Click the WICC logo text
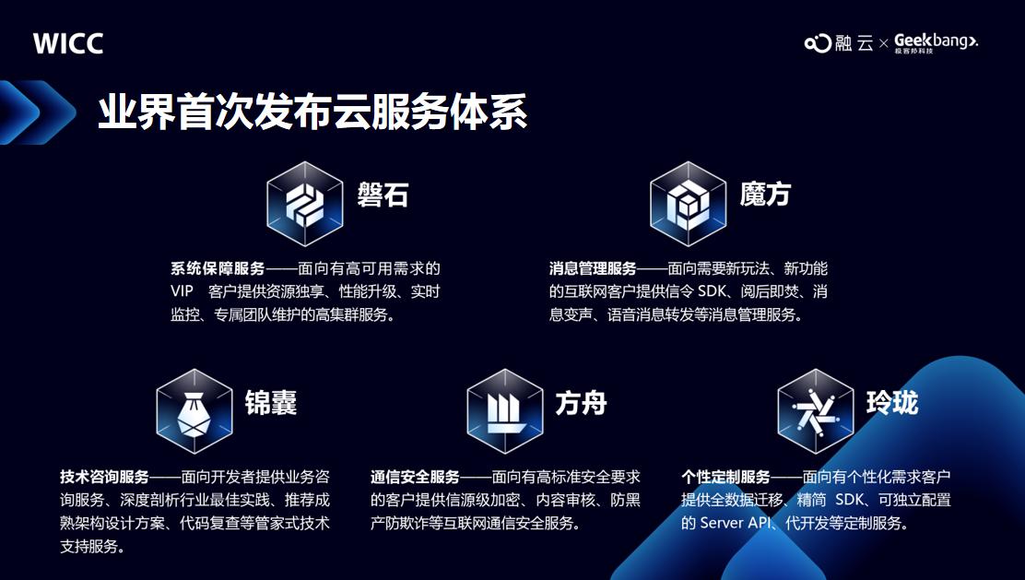point(68,44)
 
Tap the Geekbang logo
point(936,42)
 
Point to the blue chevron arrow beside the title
point(37,112)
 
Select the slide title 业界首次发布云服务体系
point(312,112)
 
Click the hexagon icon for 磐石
point(304,204)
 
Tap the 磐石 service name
point(383,195)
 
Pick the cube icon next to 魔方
point(688,204)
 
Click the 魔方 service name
point(765,195)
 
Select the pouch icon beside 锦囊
point(194,411)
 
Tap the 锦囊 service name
point(271,403)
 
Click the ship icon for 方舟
point(504,411)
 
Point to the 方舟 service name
point(581,403)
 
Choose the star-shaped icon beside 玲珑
point(815,411)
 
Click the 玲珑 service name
point(892,403)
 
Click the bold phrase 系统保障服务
point(218,268)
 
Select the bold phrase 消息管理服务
point(593,268)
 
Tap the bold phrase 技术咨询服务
point(104,477)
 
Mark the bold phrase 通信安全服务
point(415,477)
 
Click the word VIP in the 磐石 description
point(182,291)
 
